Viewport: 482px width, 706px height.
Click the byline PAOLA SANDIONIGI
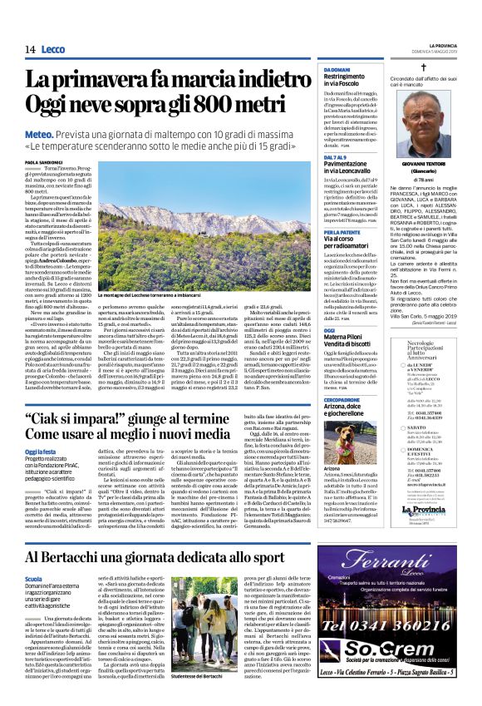[x=43, y=162]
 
